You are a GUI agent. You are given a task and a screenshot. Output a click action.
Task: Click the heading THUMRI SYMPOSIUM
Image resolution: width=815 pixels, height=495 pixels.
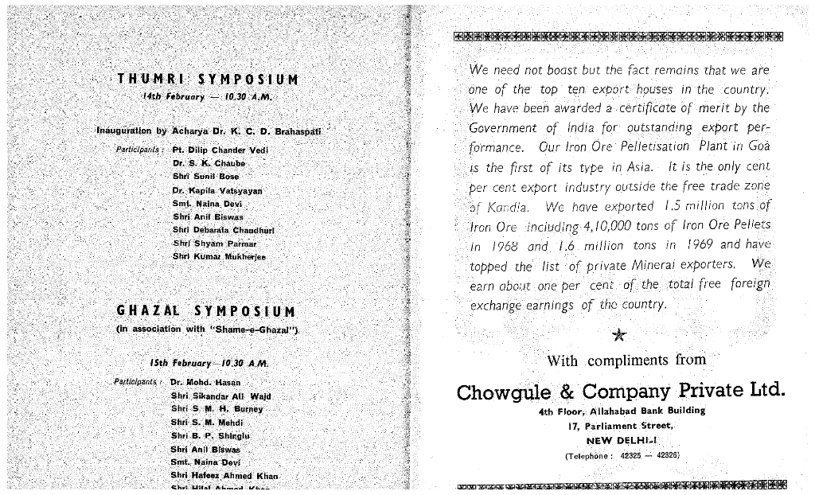pos(208,80)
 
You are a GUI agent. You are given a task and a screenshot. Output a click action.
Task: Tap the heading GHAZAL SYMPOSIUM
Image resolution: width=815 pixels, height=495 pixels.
pos(205,311)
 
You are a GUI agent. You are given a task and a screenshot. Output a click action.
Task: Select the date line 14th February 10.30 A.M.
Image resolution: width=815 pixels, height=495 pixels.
pos(207,96)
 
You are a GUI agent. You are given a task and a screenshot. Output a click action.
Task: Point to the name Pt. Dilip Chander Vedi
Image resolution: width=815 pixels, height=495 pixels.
pos(220,150)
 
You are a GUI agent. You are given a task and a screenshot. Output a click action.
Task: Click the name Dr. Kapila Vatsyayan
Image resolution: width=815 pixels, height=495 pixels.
pos(217,191)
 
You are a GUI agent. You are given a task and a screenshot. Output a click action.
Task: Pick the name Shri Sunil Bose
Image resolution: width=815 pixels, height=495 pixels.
pos(205,177)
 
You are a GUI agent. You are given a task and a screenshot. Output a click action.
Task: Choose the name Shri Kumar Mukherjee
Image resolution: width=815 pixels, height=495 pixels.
pos(219,257)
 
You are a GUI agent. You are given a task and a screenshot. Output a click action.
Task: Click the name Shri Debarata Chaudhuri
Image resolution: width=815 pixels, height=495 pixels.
pos(223,230)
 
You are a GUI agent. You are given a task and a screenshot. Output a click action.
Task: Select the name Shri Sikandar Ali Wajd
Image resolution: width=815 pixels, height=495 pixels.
pos(220,396)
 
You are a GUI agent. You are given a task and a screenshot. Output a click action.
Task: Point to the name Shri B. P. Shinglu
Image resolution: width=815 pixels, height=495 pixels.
pos(210,436)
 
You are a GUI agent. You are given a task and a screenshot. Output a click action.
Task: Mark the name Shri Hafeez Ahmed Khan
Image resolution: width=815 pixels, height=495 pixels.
pos(224,476)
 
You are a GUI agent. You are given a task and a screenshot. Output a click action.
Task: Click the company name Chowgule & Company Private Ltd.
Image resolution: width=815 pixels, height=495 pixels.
pos(621,392)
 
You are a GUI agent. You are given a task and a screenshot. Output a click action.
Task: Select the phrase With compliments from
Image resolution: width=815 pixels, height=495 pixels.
pos(626,361)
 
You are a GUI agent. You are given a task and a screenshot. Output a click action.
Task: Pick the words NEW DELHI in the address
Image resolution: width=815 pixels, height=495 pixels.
pos(621,440)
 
